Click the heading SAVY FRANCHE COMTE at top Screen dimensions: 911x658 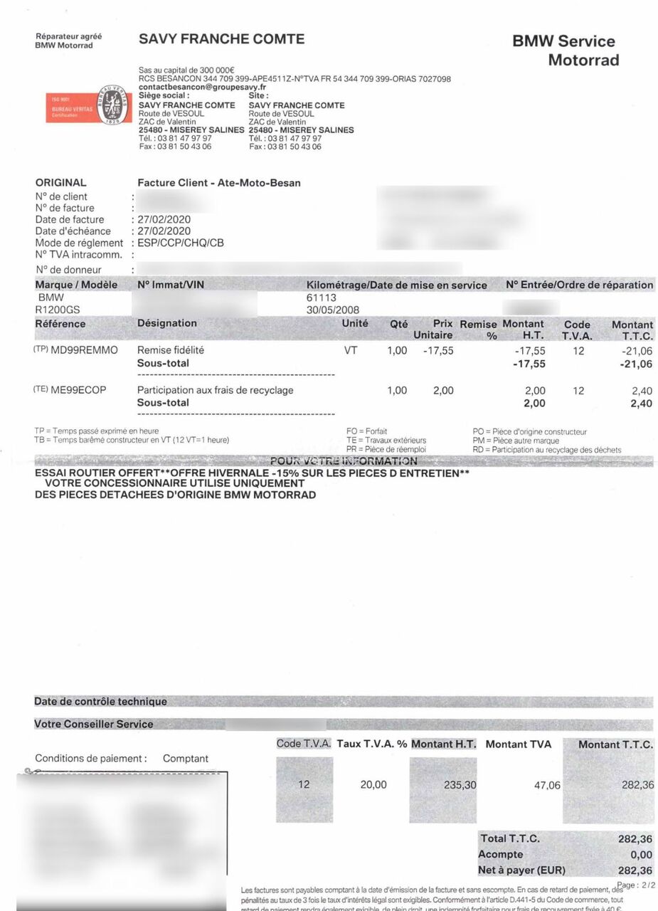pos(221,39)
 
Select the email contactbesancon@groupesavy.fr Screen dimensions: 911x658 pos(202,87)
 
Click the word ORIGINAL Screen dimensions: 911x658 pos(60,182)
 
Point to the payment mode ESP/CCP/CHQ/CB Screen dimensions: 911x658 pos(181,243)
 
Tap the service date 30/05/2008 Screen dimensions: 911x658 pos(332,310)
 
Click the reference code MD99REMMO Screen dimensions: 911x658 pos(84,350)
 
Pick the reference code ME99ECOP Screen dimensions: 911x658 pos(78,390)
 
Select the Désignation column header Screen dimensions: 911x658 pos(167,323)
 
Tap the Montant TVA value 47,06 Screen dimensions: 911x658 pos(547,784)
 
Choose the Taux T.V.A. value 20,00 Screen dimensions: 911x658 pos(373,784)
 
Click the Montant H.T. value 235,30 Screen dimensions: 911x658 pos(460,784)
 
